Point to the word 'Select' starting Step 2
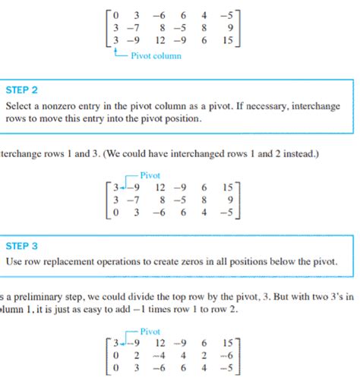click(19, 105)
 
